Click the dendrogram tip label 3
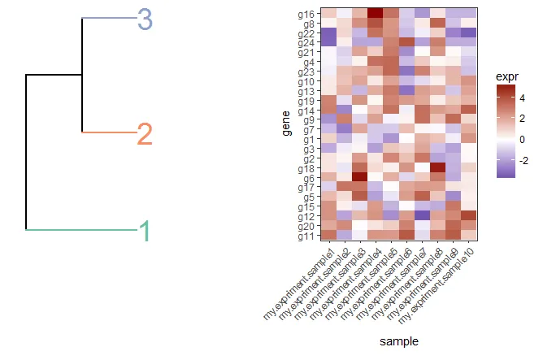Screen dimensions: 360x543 145,19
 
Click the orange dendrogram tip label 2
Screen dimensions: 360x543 145,134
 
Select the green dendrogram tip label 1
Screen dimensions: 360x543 145,232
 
